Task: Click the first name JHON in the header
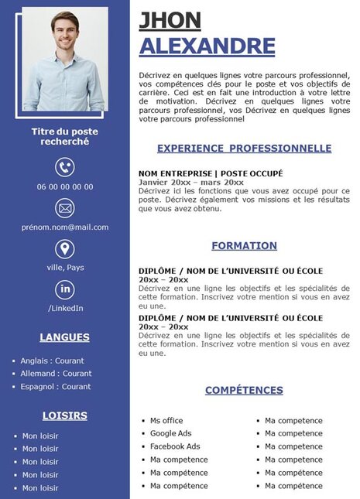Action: (170, 21)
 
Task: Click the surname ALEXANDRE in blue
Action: (207, 46)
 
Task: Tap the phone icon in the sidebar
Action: (65, 167)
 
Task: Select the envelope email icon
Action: (65, 208)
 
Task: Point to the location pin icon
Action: (65, 248)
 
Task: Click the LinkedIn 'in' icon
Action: (65, 289)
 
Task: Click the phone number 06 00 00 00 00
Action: (65, 186)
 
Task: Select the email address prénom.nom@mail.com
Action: (65, 227)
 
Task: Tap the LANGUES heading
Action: (65, 337)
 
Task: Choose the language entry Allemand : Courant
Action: (56, 374)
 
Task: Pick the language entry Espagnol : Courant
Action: (56, 387)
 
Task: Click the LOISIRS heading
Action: (65, 415)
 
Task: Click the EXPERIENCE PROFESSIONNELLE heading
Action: (244, 149)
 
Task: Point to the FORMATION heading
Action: (244, 246)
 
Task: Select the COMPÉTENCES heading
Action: (244, 391)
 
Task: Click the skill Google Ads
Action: (171, 434)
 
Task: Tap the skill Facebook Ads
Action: (175, 446)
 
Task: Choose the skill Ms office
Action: (166, 421)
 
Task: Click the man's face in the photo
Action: (65, 23)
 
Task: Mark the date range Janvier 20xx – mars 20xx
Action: (190, 182)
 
